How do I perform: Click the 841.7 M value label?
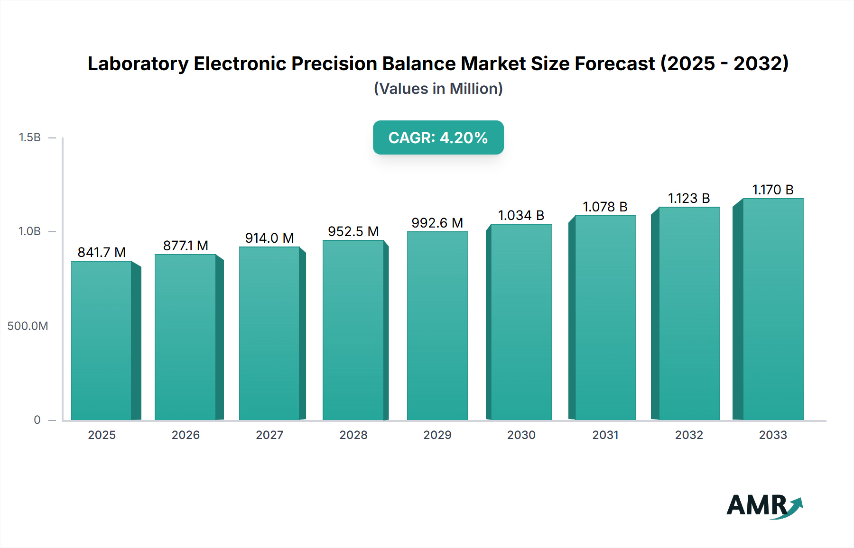(102, 252)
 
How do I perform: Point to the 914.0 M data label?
(269, 238)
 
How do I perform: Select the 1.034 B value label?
(521, 215)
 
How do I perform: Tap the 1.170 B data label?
(772, 190)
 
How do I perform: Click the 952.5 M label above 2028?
(353, 231)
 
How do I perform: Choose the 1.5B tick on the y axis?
(29, 137)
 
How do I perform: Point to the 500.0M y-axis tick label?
(28, 326)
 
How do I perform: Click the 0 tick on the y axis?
(37, 420)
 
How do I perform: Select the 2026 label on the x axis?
(186, 435)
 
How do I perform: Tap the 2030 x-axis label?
(521, 435)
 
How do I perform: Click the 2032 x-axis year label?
(689, 435)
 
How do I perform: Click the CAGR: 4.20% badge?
(438, 137)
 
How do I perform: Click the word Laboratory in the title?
(138, 64)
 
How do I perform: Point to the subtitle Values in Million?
(438, 89)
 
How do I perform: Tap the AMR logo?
(764, 506)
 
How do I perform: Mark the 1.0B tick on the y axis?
(29, 231)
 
